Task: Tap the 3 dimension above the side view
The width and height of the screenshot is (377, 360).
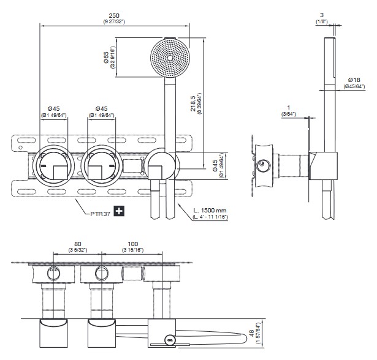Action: tap(321, 14)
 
